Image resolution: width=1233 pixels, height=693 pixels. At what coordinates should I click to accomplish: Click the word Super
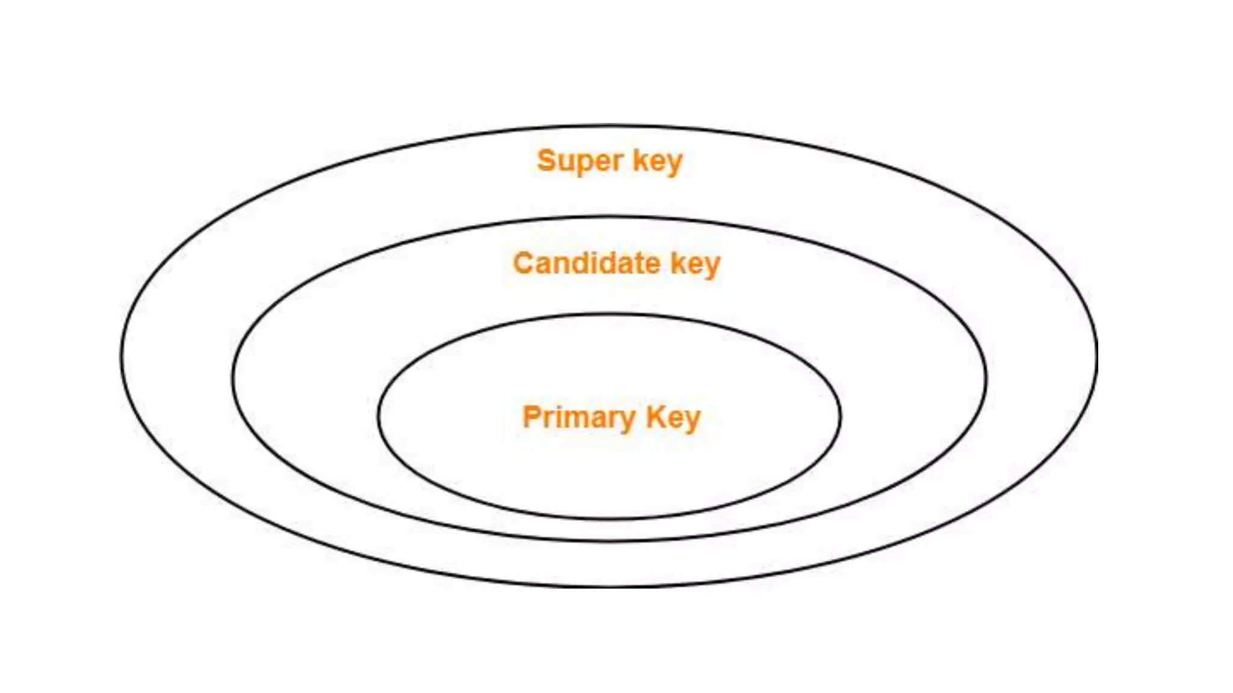tap(580, 161)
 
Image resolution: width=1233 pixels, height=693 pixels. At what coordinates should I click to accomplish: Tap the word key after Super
tap(657, 161)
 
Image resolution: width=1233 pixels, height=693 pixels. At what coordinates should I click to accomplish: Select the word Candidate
tap(586, 263)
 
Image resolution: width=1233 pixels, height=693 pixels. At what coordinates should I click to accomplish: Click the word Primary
tap(579, 418)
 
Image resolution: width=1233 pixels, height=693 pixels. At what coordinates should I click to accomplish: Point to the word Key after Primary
tap(673, 418)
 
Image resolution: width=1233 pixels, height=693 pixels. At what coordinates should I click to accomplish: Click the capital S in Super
tap(546, 161)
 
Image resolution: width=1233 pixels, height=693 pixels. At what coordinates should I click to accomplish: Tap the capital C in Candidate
tap(523, 263)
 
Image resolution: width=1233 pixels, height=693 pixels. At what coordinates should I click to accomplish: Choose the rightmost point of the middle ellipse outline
tap(986, 379)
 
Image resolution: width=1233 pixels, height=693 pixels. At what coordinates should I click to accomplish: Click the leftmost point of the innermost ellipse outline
tap(379, 416)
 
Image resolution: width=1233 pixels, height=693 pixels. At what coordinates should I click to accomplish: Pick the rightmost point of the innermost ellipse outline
tap(840, 416)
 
